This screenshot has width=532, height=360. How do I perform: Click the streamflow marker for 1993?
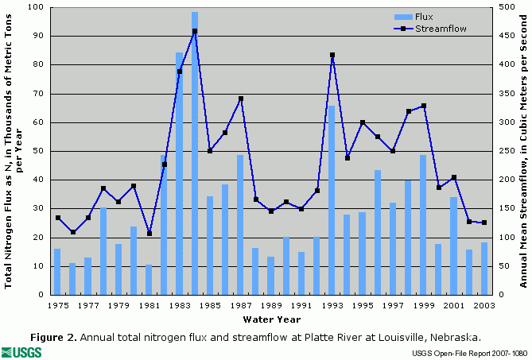[x=332, y=56]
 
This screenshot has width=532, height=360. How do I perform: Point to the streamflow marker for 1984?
[x=195, y=31]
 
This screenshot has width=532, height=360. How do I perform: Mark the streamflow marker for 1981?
[x=149, y=234]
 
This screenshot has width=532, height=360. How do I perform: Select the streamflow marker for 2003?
[x=483, y=223]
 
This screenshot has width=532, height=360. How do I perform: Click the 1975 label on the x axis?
[x=57, y=305]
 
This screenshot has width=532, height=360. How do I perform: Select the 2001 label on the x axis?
[x=453, y=305]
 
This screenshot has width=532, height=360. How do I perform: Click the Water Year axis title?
[x=272, y=319]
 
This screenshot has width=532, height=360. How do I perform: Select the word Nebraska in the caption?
[x=455, y=336]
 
